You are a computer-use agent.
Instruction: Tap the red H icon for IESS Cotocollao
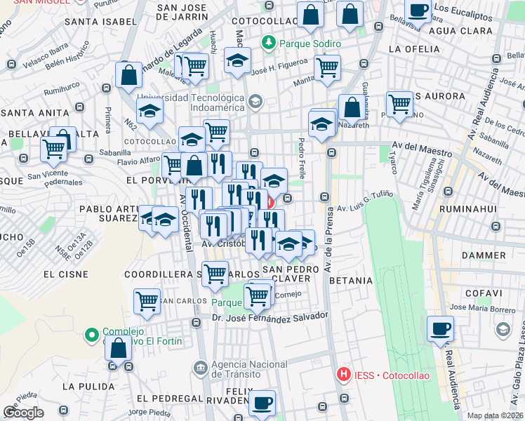[343, 375]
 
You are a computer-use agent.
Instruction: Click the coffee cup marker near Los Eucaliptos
[418, 12]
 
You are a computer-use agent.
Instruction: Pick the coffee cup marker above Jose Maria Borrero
[440, 328]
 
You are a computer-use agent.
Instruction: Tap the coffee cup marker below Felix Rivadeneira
[262, 403]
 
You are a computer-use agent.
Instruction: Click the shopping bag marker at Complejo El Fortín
[119, 347]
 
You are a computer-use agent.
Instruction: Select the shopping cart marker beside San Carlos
[147, 301]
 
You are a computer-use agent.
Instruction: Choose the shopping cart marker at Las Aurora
[399, 103]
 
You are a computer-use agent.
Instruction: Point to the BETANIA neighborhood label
[350, 281]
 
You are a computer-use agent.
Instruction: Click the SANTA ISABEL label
[95, 22]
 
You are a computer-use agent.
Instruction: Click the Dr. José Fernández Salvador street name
[270, 319]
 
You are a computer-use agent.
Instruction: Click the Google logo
[23, 413]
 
